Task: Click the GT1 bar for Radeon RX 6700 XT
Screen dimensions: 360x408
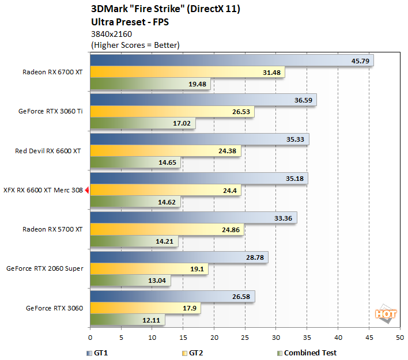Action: pos(231,60)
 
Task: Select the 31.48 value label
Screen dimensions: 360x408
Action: pos(271,72)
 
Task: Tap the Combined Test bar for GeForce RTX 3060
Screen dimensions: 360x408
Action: pos(127,319)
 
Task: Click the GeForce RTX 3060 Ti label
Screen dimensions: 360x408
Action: pos(51,111)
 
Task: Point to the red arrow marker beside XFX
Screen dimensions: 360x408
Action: pos(86,190)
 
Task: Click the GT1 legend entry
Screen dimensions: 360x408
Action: pos(99,353)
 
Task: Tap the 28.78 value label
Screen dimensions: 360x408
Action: pos(255,257)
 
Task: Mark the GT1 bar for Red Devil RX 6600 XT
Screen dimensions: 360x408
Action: pos(199,139)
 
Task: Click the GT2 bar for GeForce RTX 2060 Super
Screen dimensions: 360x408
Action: pos(149,268)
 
